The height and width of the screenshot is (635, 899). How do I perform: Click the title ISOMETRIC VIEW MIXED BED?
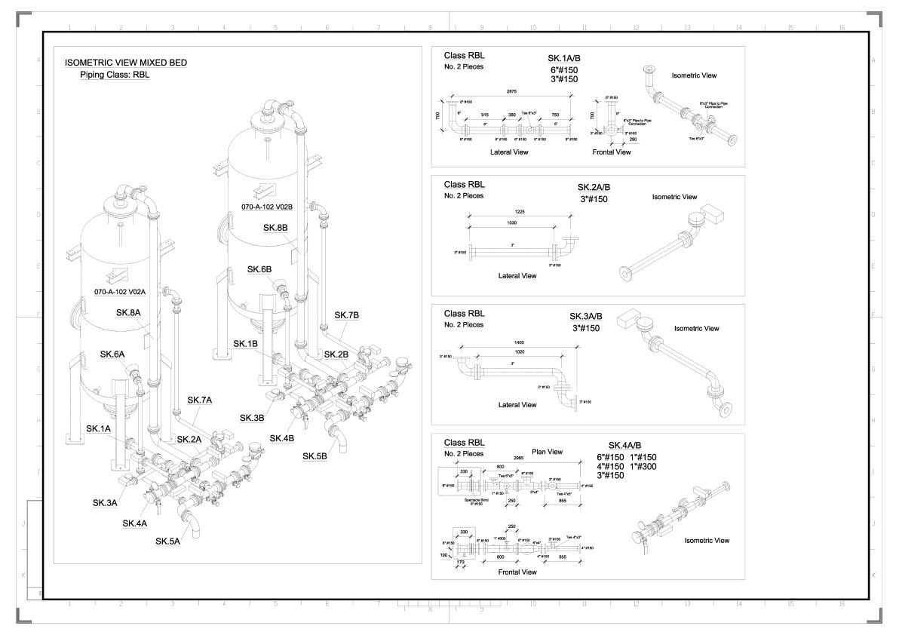126,63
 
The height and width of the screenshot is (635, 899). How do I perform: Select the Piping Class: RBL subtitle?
115,75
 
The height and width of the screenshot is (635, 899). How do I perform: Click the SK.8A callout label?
130,312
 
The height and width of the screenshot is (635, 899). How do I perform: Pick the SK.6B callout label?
259,269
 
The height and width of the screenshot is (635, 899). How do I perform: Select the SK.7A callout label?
200,400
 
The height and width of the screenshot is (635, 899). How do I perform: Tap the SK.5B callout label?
315,456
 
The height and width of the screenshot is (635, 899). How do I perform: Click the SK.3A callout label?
105,502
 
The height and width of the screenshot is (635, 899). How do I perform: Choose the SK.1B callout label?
245,344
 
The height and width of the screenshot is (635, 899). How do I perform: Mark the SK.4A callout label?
134,523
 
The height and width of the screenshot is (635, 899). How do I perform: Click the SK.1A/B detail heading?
564,58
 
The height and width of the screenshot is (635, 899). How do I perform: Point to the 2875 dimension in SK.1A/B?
511,91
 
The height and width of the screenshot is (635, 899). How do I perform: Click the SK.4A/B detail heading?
625,445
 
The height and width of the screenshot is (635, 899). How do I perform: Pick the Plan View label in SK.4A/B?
548,452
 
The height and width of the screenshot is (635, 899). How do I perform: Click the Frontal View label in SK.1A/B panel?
612,152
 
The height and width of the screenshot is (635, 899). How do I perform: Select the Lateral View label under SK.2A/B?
517,275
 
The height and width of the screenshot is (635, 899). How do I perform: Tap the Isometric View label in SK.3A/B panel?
696,328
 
